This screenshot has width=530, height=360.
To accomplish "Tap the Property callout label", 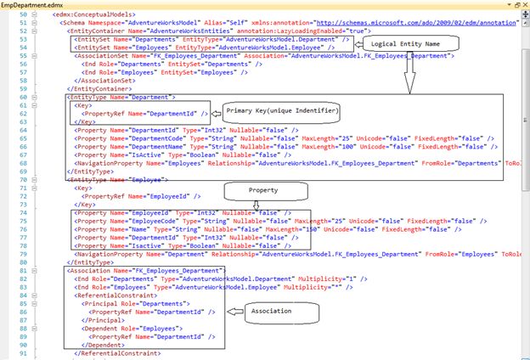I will tap(274, 191).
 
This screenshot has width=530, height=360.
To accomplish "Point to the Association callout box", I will tap(273, 311).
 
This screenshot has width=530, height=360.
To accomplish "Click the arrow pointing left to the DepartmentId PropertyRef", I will tap(217, 113).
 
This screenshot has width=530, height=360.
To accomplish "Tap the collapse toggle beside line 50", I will tap(33, 15).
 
